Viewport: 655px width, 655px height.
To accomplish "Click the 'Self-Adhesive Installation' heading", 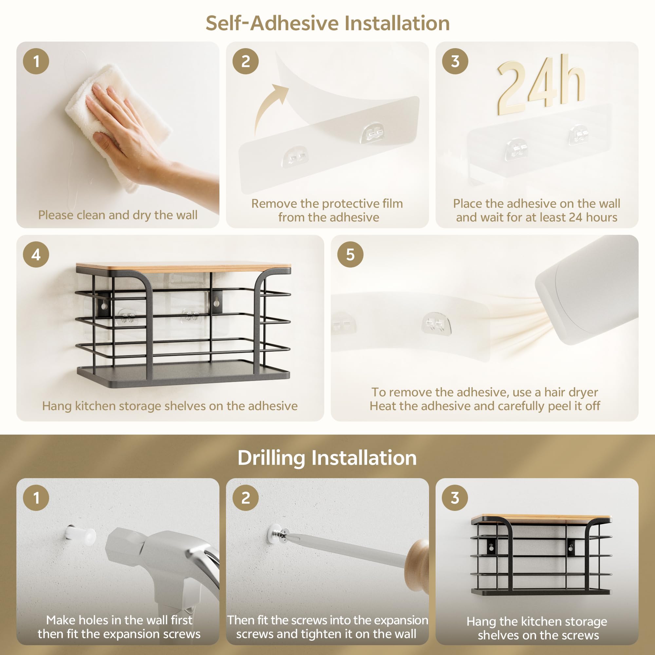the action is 327,23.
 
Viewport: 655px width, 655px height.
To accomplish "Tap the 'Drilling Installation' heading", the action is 327,458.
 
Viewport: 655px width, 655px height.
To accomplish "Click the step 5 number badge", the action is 350,254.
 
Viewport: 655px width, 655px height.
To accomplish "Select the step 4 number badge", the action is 36,254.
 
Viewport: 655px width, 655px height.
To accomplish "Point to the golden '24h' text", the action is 541,84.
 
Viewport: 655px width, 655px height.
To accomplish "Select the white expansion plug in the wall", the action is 80,535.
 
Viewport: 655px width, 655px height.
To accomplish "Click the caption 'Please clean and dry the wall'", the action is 118,215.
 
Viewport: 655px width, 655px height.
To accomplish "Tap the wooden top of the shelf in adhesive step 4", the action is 183,267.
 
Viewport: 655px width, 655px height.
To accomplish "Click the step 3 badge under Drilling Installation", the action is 455,498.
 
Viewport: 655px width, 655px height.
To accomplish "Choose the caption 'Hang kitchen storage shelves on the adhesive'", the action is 170,406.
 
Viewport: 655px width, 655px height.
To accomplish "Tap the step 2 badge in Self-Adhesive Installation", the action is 245,61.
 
